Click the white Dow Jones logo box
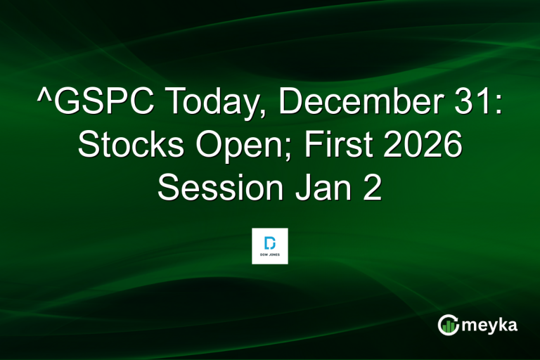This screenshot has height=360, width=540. (x=270, y=245)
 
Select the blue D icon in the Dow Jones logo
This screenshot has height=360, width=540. (x=270, y=242)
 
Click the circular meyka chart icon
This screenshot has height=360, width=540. (x=448, y=324)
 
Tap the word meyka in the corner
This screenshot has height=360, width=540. (x=490, y=325)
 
